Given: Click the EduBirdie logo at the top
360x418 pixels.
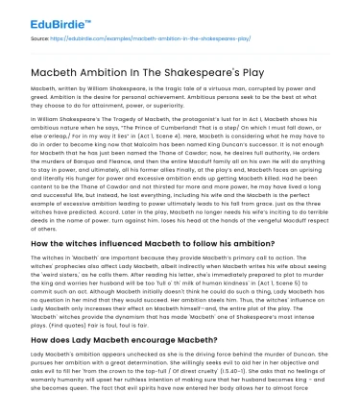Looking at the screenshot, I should pyautogui.click(x=39, y=17).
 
